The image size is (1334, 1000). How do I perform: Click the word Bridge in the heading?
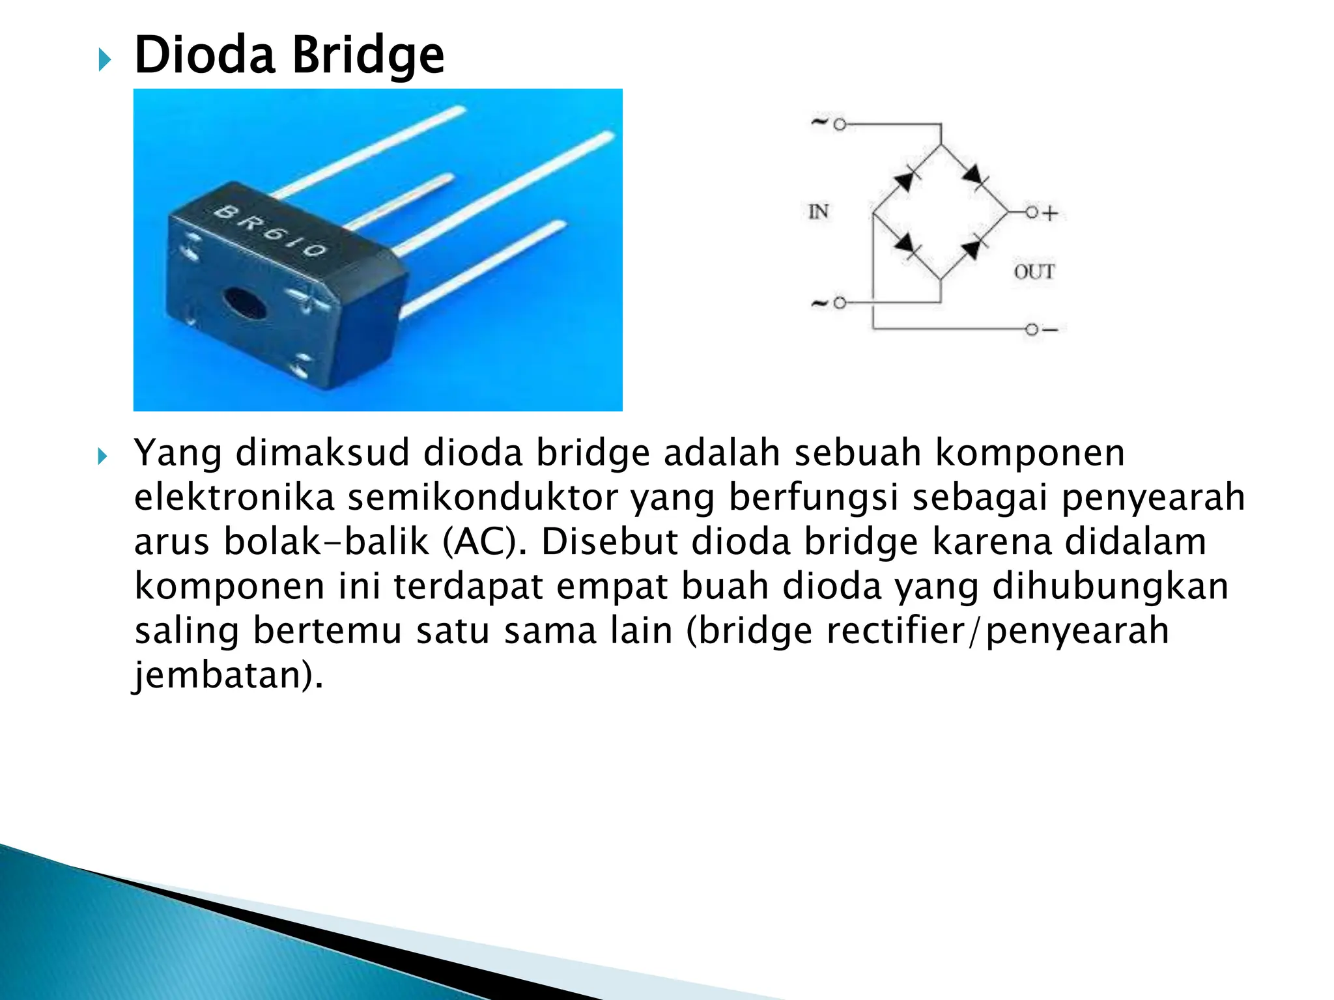[x=368, y=56]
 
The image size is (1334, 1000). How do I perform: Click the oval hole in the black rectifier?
[x=244, y=303]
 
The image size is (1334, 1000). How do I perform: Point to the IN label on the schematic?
[x=818, y=212]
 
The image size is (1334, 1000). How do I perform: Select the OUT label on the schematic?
[x=1034, y=271]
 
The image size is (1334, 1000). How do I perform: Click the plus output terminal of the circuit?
[x=1032, y=212]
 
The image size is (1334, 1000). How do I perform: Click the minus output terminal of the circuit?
[x=1032, y=329]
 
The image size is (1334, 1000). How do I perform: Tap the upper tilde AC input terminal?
[x=839, y=124]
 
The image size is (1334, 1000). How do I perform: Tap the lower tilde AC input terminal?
[x=839, y=303]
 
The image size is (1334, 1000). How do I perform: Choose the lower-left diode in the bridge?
[x=905, y=245]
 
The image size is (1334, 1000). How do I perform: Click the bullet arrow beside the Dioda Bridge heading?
[x=104, y=61]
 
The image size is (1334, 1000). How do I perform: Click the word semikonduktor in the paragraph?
[x=483, y=497]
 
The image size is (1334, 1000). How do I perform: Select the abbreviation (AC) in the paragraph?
[x=484, y=542]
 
